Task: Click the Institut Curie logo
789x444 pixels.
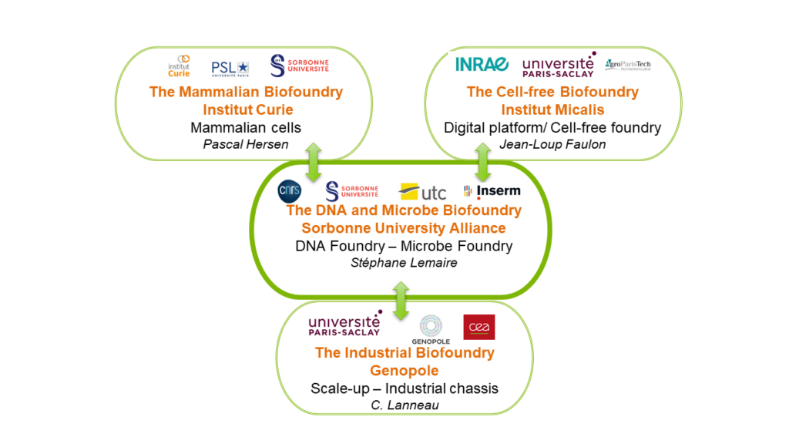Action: click(x=179, y=66)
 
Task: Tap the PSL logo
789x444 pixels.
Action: click(x=230, y=69)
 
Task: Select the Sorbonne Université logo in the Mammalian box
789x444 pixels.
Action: click(x=299, y=66)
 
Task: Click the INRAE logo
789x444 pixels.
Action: click(x=482, y=64)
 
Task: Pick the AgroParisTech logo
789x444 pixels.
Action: click(x=628, y=65)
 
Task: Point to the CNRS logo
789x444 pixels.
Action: click(x=290, y=190)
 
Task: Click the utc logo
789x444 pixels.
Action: click(x=422, y=191)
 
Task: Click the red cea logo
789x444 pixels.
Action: click(x=478, y=327)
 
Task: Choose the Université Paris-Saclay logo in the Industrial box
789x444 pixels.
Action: click(x=344, y=326)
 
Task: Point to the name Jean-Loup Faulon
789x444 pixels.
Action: click(x=552, y=144)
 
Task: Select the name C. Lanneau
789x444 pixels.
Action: click(x=404, y=405)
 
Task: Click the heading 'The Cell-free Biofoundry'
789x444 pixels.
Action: click(x=552, y=92)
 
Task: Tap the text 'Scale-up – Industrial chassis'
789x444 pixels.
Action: click(x=404, y=388)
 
